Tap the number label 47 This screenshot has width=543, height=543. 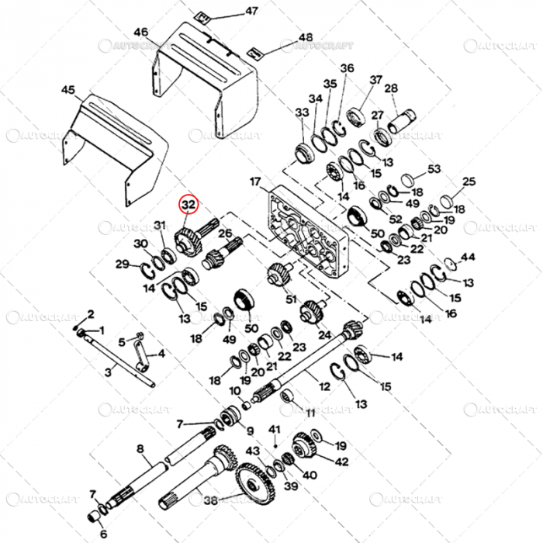230,11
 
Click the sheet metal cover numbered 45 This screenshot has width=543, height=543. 116,147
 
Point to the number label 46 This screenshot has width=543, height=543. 140,32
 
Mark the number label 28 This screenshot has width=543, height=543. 390,88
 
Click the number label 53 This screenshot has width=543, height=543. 434,169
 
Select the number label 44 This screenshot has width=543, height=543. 467,256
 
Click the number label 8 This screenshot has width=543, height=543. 140,448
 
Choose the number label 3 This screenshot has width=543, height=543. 108,373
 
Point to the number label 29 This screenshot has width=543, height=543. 122,265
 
